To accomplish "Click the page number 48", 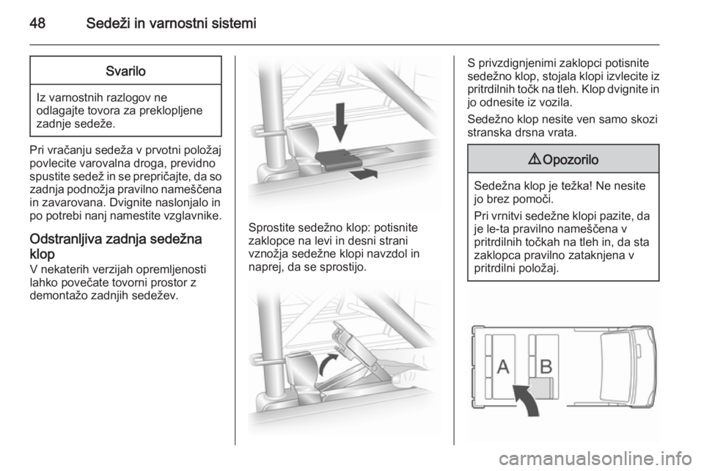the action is point(37,23).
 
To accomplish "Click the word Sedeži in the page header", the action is point(108,23).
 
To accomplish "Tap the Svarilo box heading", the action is point(125,71).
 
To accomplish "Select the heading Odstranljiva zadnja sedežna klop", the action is point(116,246).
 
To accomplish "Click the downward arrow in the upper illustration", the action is point(340,122).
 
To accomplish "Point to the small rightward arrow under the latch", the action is point(363,173).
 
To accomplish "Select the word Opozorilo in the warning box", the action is point(571,159).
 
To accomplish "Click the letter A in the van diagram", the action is point(503,366).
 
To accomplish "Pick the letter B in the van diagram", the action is point(546,366).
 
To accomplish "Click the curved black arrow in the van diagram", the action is point(528,398).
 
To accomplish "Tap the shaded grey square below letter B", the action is point(541,387).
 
